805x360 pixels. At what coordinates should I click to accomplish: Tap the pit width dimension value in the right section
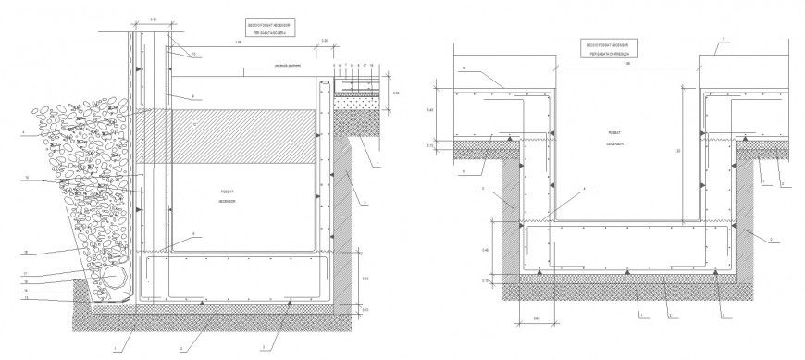[x=626, y=64]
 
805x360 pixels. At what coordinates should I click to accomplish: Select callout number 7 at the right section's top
[x=724, y=40]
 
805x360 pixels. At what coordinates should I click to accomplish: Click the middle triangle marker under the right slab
[x=628, y=271]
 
